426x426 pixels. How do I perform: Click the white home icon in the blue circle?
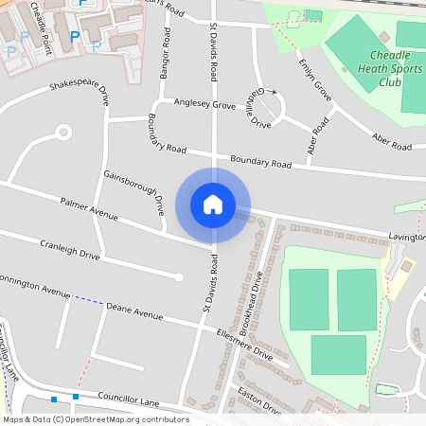point(213,204)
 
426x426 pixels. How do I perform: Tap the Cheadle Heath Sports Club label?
point(384,67)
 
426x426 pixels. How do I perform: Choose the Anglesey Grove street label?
point(198,104)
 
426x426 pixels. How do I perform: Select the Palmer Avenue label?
point(88,208)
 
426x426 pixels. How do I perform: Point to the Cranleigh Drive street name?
point(69,255)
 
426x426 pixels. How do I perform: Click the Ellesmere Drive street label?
point(244,344)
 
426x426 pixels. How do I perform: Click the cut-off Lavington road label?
point(404,236)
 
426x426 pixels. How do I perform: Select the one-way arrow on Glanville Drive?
point(274,93)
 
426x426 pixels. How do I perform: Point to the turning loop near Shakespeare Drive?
point(63,132)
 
